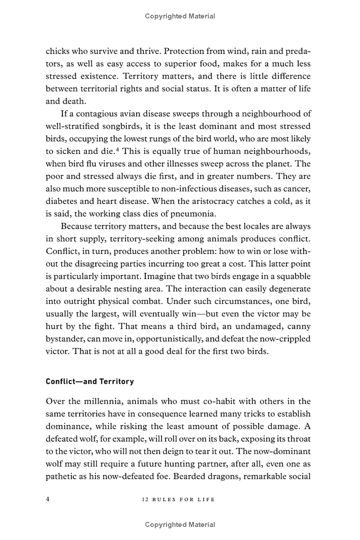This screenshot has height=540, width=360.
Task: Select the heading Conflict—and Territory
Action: (x=90, y=381)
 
